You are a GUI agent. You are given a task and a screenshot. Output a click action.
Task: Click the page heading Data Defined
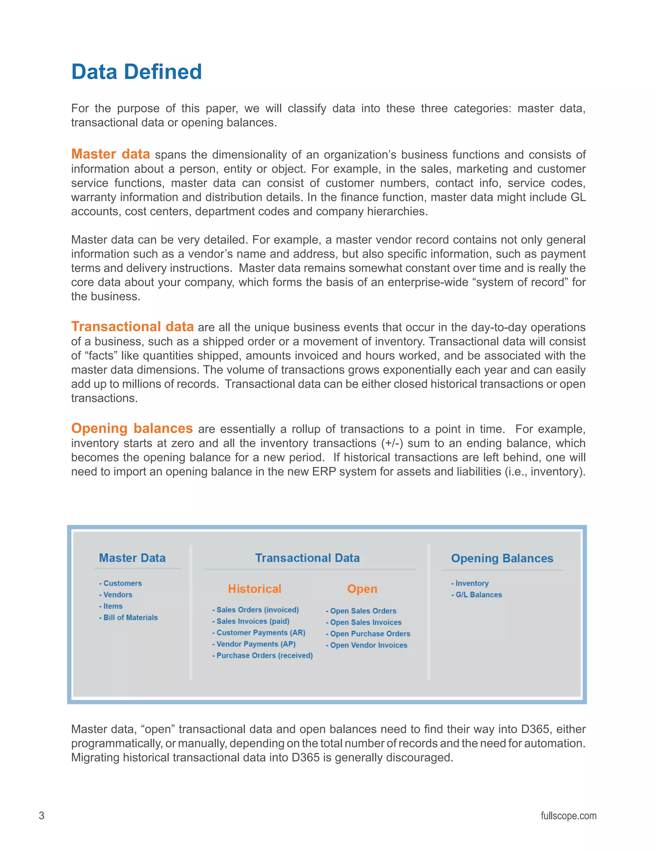[x=136, y=72]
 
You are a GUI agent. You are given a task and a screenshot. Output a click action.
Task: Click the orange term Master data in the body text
[x=111, y=154]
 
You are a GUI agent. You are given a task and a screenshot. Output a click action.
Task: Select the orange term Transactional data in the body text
[x=132, y=327]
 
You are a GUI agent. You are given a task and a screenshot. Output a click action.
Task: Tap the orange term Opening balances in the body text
[x=132, y=428]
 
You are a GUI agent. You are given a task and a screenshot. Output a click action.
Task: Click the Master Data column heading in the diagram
[x=132, y=558]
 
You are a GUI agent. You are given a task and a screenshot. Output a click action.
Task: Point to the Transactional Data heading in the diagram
[x=307, y=558]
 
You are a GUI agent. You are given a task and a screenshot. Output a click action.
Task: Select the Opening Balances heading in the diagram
[x=502, y=558]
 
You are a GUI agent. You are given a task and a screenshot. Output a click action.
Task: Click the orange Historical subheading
[x=254, y=589]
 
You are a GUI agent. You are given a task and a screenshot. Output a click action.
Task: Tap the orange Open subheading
[x=362, y=589]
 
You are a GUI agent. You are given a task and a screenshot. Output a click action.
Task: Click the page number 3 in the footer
[x=42, y=816]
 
